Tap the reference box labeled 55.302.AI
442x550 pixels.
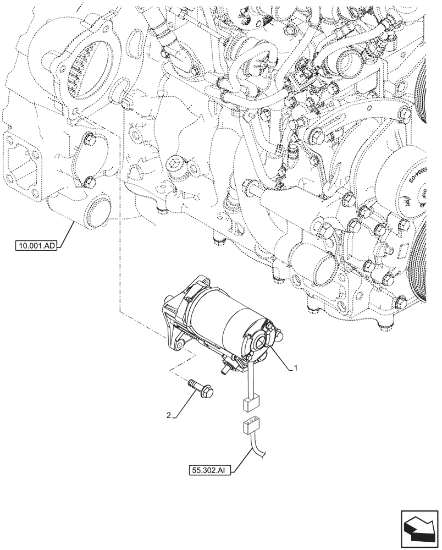point(208,470)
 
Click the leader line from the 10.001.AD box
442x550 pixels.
point(64,234)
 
